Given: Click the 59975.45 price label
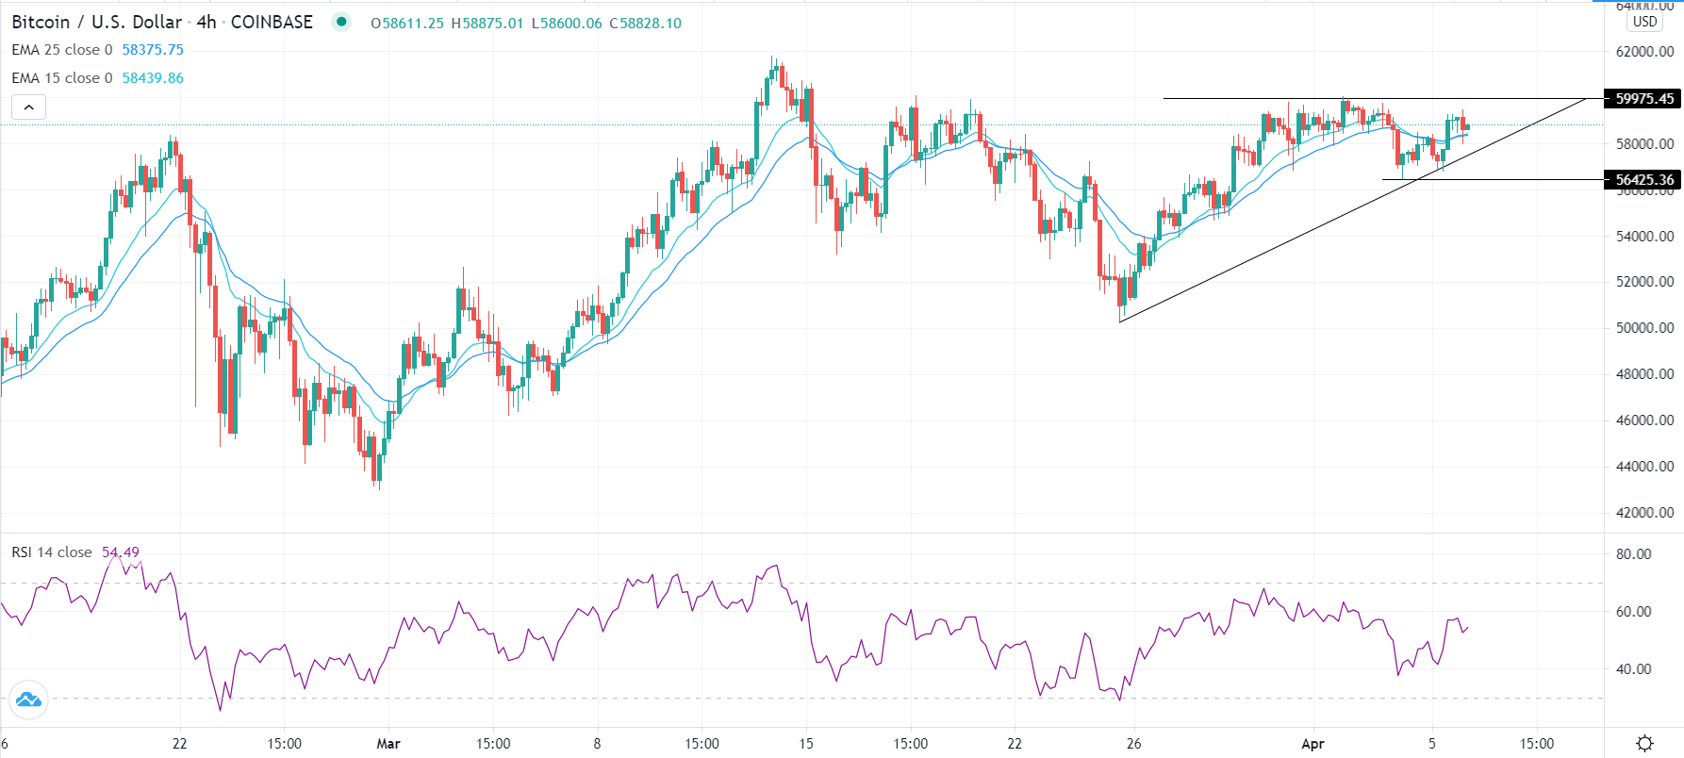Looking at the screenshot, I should (1643, 99).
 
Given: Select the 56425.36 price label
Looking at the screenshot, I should (1643, 180).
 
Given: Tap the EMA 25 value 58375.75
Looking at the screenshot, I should (153, 50).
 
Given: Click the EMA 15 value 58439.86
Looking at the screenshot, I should (153, 78).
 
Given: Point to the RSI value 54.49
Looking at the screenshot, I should (121, 552).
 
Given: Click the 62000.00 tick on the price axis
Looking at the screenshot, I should (1644, 52).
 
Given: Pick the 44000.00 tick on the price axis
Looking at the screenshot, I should (1644, 467).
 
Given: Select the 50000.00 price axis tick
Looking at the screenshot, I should (1644, 328).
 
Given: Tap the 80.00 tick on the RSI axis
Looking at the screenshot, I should (1633, 554).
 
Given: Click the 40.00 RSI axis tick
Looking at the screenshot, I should (1633, 669).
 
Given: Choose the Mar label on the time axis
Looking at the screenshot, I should (388, 744).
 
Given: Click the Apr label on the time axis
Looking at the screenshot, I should (1313, 744).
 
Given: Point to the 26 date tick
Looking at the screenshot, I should (1133, 744).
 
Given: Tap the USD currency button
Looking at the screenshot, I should (1644, 22).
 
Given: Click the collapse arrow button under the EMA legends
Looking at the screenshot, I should (29, 107).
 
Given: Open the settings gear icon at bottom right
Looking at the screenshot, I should (1644, 744).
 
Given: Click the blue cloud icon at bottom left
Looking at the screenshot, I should (27, 700).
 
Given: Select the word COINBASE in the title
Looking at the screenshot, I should (272, 23).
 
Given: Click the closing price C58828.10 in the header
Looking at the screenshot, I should (645, 24).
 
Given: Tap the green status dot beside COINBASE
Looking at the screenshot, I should (341, 22).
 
